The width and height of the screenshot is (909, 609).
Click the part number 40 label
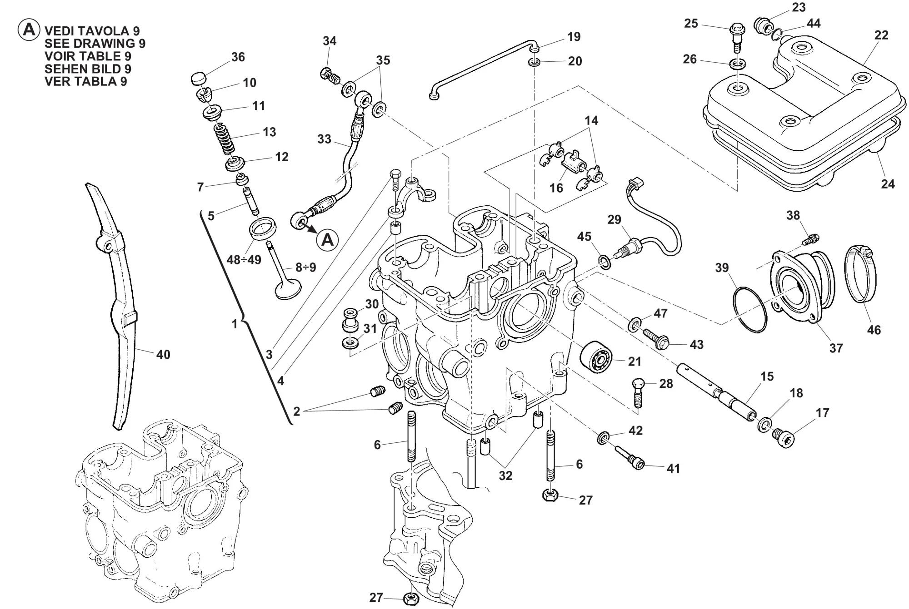[x=163, y=354]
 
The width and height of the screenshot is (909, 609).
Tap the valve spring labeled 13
[x=225, y=138]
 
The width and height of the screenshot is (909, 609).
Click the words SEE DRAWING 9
[x=95, y=44]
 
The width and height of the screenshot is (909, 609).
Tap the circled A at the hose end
[x=327, y=239]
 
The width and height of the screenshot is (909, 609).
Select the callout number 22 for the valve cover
[x=881, y=35]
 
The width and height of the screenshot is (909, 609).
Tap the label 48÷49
[x=244, y=260]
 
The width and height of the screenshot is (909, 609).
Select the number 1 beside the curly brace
[x=235, y=324]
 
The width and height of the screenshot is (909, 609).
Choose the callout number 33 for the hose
[x=324, y=139]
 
